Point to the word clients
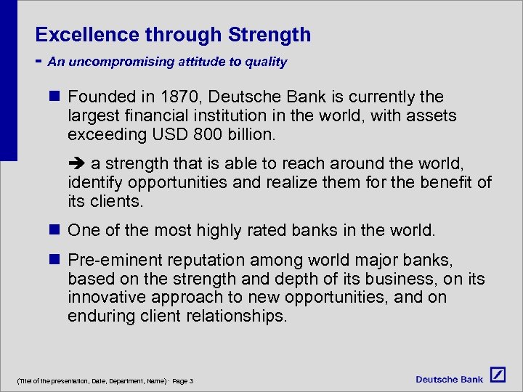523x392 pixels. [119, 201]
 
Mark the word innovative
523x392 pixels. [105, 298]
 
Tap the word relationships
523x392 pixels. [240, 316]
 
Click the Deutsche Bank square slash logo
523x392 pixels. [498, 375]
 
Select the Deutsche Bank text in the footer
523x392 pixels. [449, 379]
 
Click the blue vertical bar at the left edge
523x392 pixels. [8, 80]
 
